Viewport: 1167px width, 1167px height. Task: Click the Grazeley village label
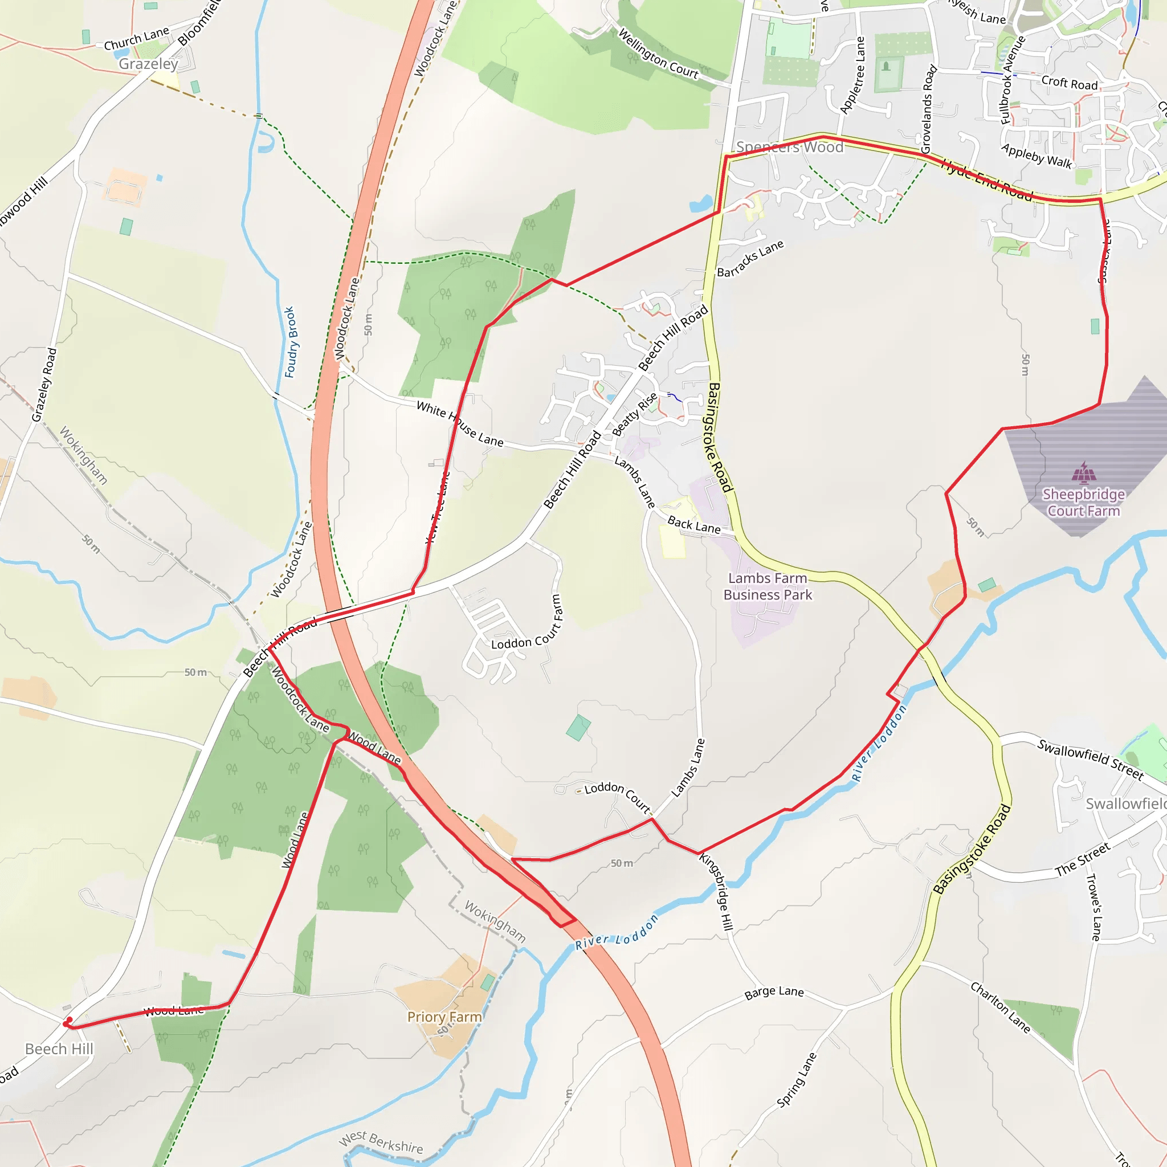148,64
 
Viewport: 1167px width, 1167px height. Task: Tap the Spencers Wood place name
789,147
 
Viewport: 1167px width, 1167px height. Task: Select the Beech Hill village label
59,1048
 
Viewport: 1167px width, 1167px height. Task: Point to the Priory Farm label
444,1017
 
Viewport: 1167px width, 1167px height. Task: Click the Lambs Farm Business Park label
768,586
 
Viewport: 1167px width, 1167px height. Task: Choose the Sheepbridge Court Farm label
1084,503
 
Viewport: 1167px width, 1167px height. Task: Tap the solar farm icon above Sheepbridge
1084,473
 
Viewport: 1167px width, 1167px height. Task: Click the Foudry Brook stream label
290,342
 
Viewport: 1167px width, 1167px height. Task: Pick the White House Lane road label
460,424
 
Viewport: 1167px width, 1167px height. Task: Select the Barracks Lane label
750,259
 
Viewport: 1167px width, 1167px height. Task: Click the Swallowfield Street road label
1090,759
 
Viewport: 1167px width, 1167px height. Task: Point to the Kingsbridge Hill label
716,891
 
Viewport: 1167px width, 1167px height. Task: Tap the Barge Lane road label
774,993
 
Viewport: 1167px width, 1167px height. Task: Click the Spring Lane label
797,1080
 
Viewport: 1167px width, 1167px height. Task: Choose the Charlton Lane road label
1000,1007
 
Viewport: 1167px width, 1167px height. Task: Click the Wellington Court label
658,54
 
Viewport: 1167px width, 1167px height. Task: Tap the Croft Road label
1069,83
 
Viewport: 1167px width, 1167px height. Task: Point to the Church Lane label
136,39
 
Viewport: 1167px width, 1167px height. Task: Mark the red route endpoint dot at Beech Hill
69,1021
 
